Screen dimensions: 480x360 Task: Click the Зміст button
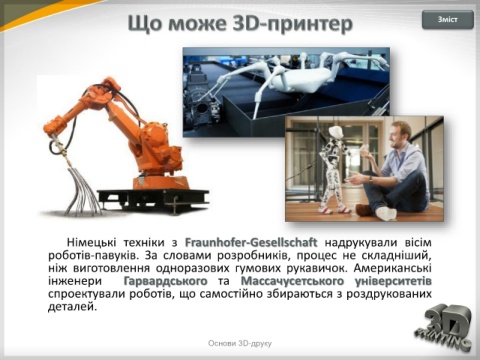click(448, 20)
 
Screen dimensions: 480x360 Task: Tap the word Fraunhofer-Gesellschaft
click(251, 242)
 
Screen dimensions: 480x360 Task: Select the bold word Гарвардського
click(165, 281)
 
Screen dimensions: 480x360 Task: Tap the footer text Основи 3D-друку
click(240, 343)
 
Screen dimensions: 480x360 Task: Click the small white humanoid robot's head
click(334, 133)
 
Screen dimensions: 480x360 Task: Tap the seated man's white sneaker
click(386, 213)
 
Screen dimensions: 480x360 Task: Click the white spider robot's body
click(307, 78)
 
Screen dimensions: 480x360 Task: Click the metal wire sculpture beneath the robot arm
click(82, 193)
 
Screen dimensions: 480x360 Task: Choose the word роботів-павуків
click(92, 255)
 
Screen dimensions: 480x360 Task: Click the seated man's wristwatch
click(371, 179)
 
